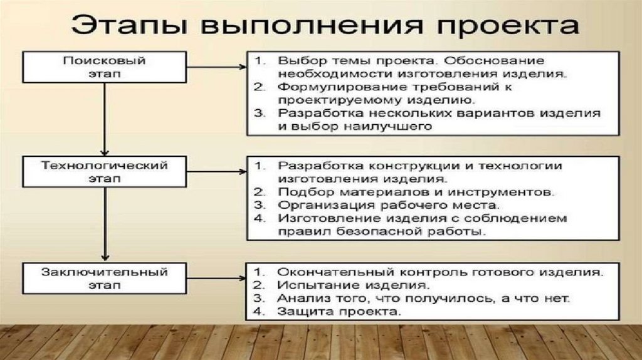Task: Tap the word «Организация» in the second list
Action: pyautogui.click(x=322, y=204)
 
